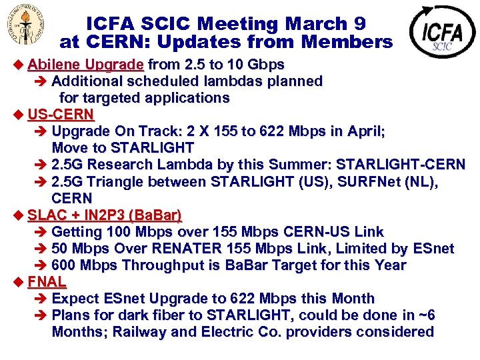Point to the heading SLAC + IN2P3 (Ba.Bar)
(105, 215)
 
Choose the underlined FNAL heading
(47, 282)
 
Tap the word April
(366, 131)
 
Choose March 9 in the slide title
(326, 24)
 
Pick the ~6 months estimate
(425, 315)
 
